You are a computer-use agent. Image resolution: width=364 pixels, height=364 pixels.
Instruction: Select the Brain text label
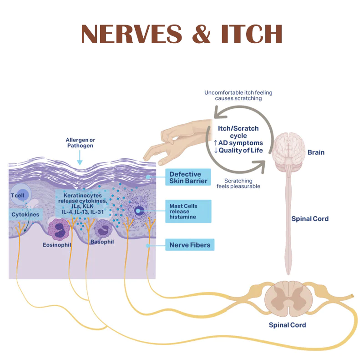pyautogui.click(x=316, y=152)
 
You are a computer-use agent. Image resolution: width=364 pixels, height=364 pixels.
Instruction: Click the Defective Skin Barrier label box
pyautogui.click(x=188, y=177)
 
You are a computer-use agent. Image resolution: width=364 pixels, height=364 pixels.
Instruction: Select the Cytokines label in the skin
pyautogui.click(x=25, y=214)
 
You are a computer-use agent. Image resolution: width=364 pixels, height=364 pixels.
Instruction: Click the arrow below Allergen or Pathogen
pyautogui.click(x=80, y=157)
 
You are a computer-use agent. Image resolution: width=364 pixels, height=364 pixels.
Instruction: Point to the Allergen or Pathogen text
pyautogui.click(x=80, y=142)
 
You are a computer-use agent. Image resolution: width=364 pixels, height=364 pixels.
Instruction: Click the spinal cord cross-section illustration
pyautogui.click(x=287, y=299)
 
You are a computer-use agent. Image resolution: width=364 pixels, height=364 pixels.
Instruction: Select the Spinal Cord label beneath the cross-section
pyautogui.click(x=287, y=325)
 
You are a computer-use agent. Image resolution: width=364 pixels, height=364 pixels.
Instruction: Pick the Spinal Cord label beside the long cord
pyautogui.click(x=310, y=219)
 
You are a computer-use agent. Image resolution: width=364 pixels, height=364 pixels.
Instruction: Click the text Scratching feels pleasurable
pyautogui.click(x=238, y=183)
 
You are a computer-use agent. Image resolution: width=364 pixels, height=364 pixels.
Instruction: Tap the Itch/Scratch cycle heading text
pyautogui.click(x=238, y=132)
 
